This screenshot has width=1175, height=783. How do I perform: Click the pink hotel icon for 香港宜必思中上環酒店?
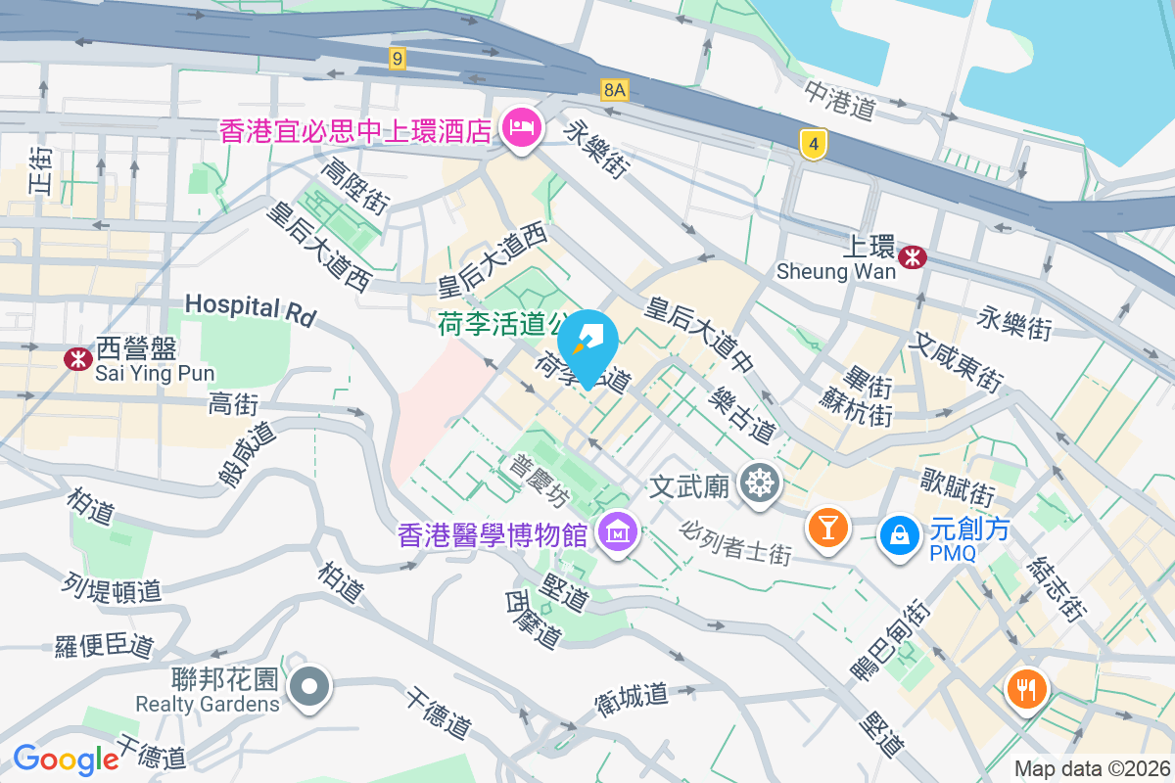click(521, 129)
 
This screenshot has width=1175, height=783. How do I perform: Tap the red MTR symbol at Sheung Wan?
click(913, 257)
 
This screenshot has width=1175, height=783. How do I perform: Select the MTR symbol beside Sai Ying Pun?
click(77, 358)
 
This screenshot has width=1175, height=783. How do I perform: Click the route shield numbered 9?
click(396, 59)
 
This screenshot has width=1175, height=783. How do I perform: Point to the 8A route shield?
click(614, 90)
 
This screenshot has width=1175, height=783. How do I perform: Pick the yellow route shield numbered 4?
click(812, 145)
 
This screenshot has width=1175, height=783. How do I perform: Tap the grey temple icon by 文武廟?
click(759, 484)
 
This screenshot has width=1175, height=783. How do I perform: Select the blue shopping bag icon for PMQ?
click(898, 534)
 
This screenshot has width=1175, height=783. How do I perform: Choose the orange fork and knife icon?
click(1025, 689)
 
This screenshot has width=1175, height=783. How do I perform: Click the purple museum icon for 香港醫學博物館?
click(619, 533)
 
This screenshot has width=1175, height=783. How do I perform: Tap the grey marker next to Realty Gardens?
click(310, 688)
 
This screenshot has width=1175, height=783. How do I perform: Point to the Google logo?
click(67, 759)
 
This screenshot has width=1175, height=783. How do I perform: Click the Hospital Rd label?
click(251, 308)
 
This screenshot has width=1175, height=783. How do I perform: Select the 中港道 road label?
click(840, 101)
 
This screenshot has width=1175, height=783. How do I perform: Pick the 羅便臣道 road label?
click(105, 645)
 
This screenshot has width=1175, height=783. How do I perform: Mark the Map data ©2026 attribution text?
click(1092, 768)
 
